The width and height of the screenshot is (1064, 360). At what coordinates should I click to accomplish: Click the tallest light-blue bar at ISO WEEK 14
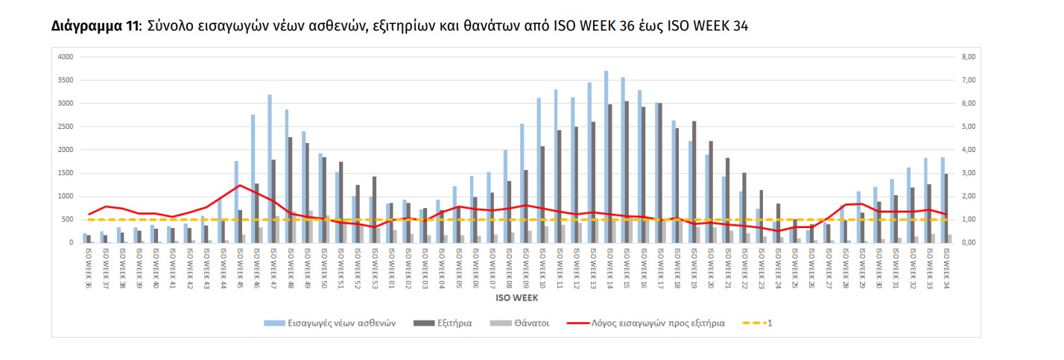point(606,157)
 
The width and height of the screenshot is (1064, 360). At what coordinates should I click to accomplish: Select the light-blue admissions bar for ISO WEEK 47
point(269,168)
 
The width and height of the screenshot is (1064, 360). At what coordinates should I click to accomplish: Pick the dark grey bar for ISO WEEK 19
point(694,182)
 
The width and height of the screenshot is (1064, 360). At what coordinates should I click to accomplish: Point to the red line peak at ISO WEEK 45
point(238,185)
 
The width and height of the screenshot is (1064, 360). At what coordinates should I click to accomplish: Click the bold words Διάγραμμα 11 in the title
point(95,27)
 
